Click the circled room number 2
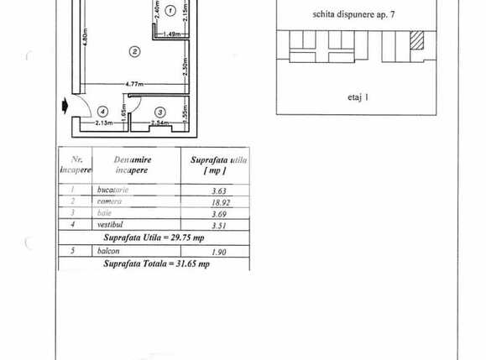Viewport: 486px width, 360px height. [133, 51]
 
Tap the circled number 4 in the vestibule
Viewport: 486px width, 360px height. [102, 110]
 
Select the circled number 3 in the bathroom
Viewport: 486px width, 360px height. [159, 112]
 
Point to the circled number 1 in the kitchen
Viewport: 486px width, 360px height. [170, 11]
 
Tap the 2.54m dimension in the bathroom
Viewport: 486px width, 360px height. [159, 124]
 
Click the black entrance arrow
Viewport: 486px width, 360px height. [65, 107]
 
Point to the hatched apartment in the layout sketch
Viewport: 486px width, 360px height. [417, 41]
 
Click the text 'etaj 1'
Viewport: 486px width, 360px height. [357, 97]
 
